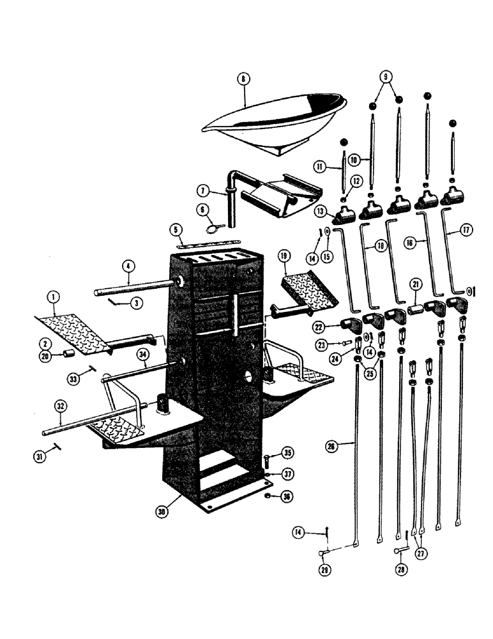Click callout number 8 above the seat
point(243,79)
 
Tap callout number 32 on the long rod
point(61,405)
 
